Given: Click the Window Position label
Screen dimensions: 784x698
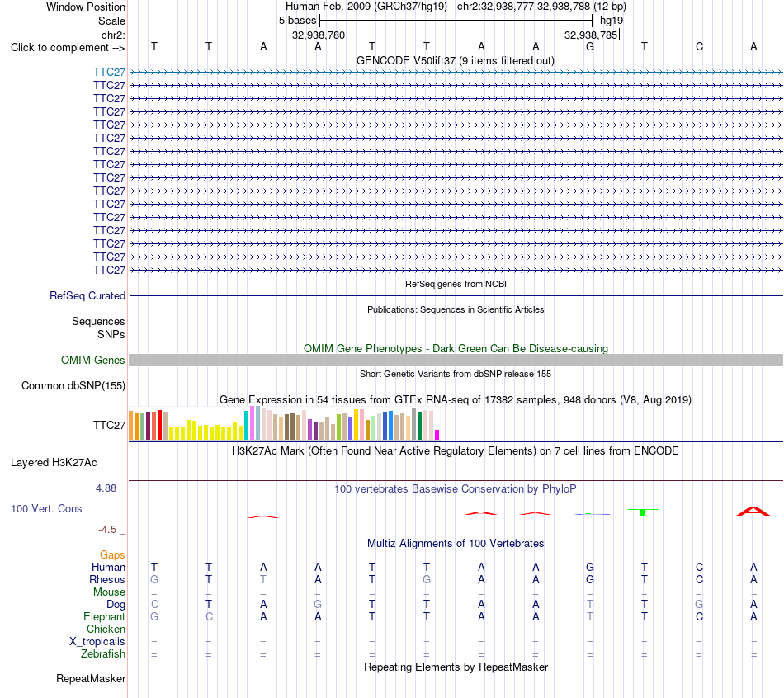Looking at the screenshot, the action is [x=86, y=7].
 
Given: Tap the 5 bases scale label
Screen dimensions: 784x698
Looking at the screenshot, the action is [x=297, y=21].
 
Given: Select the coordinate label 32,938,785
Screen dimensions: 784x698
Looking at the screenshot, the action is [x=591, y=35].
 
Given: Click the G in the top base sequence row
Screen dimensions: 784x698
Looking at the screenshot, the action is [x=590, y=47].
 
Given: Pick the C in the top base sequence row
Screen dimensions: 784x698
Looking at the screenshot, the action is [x=699, y=47].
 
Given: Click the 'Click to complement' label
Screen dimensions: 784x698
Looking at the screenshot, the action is [x=68, y=48].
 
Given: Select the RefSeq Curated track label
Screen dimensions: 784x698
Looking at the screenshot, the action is [x=87, y=296].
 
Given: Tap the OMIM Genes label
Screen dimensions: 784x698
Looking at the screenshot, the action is [x=93, y=360].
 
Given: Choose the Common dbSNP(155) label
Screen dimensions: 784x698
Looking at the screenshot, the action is [x=73, y=385].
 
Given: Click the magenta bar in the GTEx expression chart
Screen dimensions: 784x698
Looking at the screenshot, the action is [x=437, y=435].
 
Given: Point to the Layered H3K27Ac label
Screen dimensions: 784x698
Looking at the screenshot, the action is [x=54, y=463].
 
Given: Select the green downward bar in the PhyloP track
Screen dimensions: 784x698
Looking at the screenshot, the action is [x=643, y=512].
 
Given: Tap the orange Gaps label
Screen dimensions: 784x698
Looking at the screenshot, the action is [x=112, y=554].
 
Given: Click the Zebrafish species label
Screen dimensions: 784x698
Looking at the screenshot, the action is [x=103, y=653].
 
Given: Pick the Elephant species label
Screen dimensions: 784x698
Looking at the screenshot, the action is [x=105, y=616].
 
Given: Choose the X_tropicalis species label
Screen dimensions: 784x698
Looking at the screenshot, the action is [x=97, y=642].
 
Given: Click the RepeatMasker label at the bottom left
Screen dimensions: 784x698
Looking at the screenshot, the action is [x=91, y=678].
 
